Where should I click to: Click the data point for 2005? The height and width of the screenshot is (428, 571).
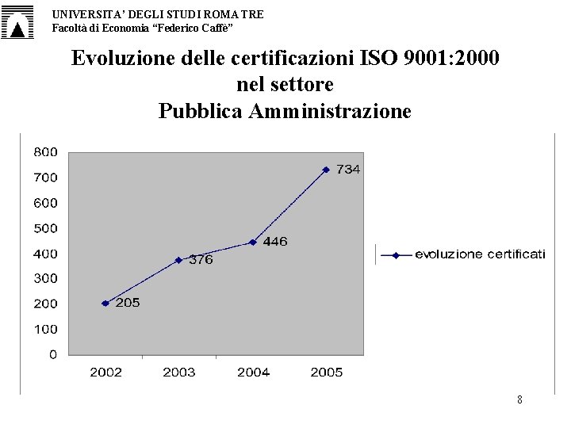[x=326, y=170]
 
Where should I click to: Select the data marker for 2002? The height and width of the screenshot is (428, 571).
[x=105, y=303]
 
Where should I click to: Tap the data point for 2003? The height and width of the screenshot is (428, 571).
[x=178, y=260]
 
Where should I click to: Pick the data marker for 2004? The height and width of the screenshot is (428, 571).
[x=252, y=243]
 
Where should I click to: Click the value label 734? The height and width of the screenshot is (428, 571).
[x=348, y=170]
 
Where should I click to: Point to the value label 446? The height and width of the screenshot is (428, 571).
[x=275, y=241]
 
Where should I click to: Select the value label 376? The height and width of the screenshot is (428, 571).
[x=201, y=259]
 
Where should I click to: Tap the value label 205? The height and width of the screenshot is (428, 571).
[x=128, y=303]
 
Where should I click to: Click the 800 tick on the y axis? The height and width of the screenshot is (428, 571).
[x=46, y=152]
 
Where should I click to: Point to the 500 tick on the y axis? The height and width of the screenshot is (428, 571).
[x=46, y=228]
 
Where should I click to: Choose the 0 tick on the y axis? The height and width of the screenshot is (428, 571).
[x=53, y=354]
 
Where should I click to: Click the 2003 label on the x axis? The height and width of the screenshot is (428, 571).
[x=178, y=373]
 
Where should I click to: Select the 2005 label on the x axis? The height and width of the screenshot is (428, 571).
[x=326, y=373]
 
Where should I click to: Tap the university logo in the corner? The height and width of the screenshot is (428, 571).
[x=17, y=22]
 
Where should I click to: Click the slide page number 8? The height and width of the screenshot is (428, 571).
[x=519, y=399]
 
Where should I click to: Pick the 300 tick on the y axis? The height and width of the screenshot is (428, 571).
[x=46, y=278]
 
